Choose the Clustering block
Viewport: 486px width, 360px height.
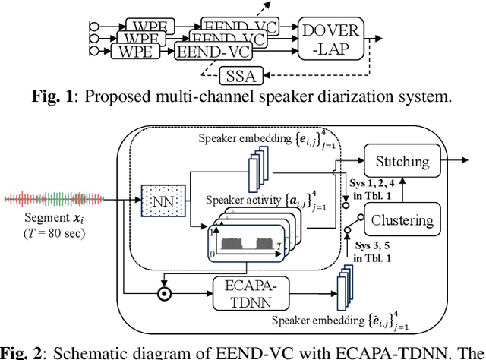401,221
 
